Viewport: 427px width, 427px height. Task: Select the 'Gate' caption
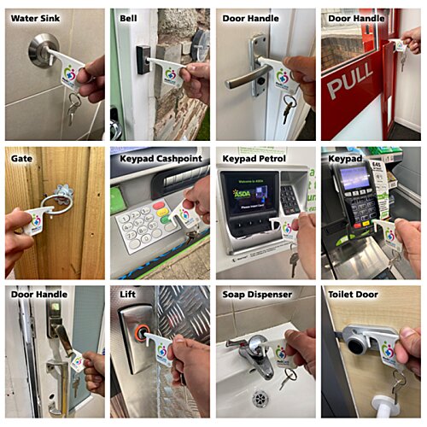21,157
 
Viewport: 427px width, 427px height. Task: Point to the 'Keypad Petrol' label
256,157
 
